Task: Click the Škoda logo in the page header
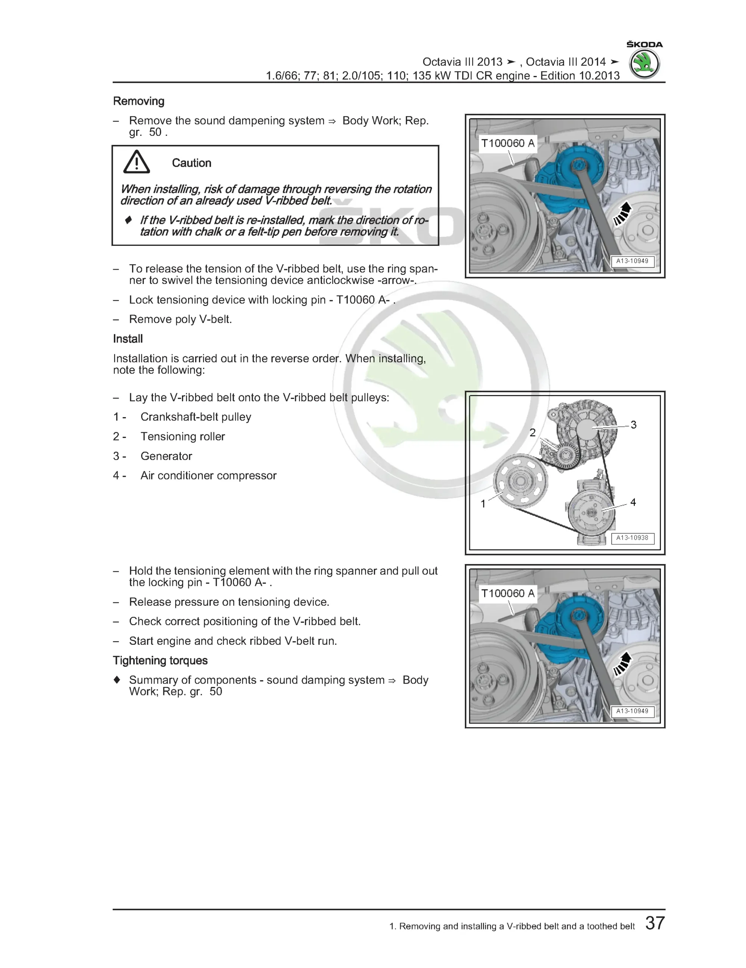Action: pos(644,64)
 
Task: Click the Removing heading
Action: pos(138,101)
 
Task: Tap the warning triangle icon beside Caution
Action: pos(137,162)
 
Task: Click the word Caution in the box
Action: pos(191,163)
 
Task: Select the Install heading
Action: pos(128,339)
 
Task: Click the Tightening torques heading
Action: pos(160,661)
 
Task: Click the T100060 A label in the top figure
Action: pos(508,143)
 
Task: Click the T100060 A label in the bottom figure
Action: pos(508,594)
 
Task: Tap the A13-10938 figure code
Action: pos(632,538)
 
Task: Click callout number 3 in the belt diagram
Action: pos(633,425)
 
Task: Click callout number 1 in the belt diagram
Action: pos(483,504)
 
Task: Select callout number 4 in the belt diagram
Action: pos(633,502)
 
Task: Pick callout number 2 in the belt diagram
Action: pos(532,433)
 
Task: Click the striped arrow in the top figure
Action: pos(623,214)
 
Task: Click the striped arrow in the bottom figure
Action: pos(623,664)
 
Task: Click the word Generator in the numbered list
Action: pos(166,456)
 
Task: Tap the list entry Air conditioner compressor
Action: pos(208,476)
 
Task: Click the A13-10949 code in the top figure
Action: pos(632,261)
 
